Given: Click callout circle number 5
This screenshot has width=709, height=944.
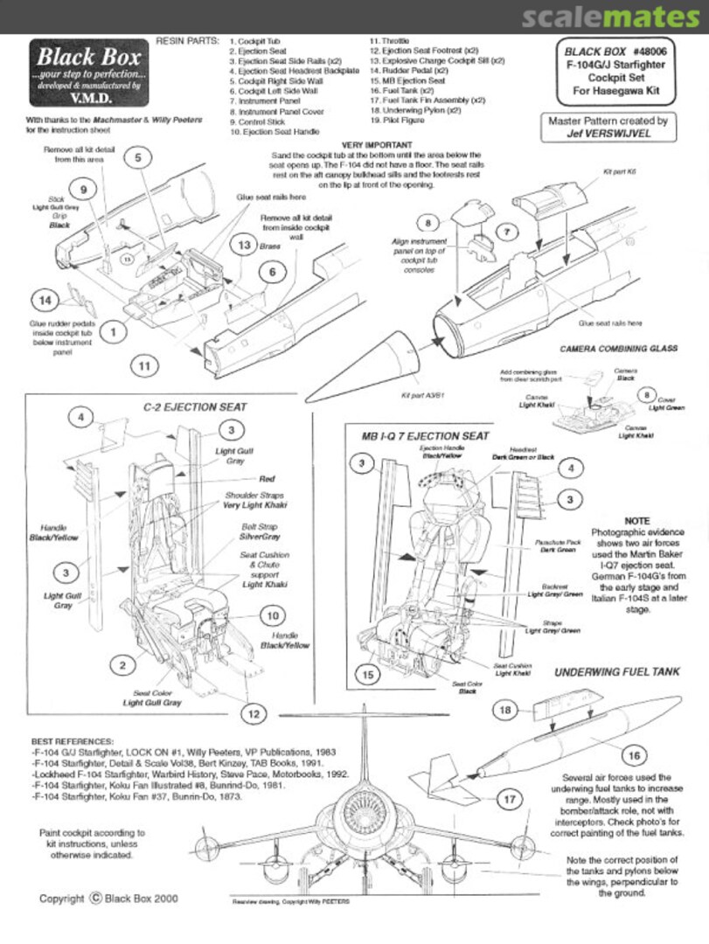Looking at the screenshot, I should click(x=138, y=157).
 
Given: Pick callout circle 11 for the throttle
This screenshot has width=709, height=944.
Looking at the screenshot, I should click(x=144, y=365).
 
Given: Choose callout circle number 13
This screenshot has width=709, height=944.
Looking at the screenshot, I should click(x=244, y=247).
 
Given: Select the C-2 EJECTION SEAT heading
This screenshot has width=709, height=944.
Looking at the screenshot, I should click(x=194, y=406).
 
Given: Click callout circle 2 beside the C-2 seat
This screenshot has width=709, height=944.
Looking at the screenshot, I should click(x=123, y=666).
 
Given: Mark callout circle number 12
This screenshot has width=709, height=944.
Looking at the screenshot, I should click(x=254, y=714).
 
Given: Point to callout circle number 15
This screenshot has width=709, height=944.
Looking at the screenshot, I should click(x=368, y=675).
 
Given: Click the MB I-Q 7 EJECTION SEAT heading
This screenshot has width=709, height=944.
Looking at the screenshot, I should click(x=425, y=435).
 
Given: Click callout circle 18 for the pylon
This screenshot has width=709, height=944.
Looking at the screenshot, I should click(x=505, y=710).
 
